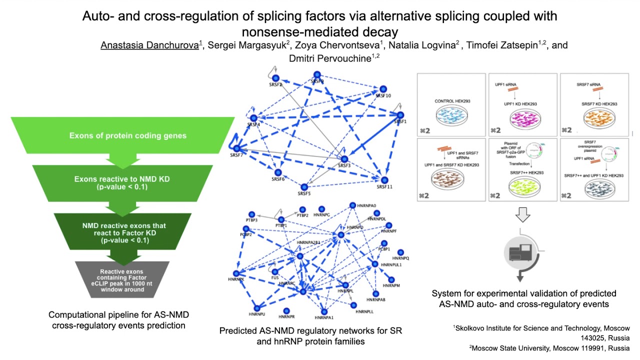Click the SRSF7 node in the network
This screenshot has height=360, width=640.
pos(236,148)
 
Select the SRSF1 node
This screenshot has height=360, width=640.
pos(398,114)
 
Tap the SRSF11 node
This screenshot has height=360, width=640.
pos(384,179)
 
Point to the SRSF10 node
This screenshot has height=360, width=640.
pos(383,88)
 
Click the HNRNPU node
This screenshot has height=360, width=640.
pos(257,308)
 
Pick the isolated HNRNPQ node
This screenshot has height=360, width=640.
pos(400,252)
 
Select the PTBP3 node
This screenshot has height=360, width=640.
pos(251,214)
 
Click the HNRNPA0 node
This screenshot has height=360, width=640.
pos(353,205)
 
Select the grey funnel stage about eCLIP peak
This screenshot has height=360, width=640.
pos(122,280)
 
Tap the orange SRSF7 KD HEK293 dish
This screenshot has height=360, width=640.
pos(595,120)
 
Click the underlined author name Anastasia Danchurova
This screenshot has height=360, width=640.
pos(149,45)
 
